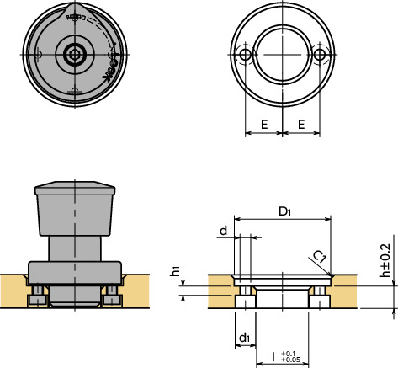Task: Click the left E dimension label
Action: pos(264,124)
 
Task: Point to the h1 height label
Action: pos(175,272)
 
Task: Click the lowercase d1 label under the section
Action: pos(243,338)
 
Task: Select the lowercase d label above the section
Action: pos(223,230)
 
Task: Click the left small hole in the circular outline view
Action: pos(245,56)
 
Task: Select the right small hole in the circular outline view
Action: pos(321,56)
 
